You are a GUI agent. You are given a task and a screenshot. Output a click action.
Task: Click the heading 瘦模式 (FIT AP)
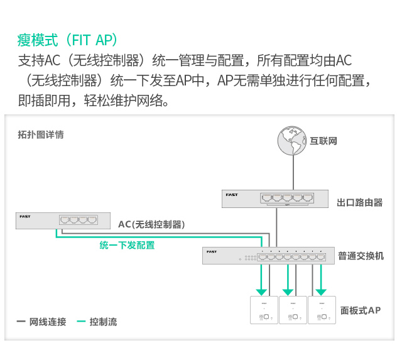68,40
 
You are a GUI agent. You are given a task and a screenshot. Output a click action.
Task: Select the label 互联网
324,141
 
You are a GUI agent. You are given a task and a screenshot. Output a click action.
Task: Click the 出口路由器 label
359,202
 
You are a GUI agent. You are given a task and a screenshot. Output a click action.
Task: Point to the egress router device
274,198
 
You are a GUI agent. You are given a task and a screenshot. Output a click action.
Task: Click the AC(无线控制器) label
151,224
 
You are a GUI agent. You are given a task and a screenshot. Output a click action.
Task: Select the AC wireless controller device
58,221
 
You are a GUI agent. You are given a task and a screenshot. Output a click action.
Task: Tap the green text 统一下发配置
127,245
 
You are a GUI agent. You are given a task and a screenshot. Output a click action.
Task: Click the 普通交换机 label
361,256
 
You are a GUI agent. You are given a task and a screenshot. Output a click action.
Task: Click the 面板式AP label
360,310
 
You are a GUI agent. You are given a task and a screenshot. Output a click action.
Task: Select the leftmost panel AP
264,310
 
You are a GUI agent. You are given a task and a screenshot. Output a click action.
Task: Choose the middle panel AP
293,310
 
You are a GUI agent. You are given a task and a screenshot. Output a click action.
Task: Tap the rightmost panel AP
322,310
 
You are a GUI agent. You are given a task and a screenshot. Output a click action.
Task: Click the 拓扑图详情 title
41,134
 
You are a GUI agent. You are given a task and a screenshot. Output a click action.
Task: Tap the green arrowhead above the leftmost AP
259,290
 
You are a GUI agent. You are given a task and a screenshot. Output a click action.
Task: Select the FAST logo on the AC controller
25,217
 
